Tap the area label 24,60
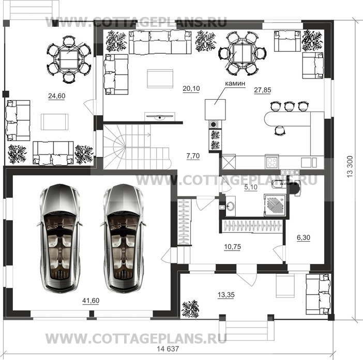[56, 96]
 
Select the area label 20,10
[191, 89]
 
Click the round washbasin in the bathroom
[231, 207]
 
